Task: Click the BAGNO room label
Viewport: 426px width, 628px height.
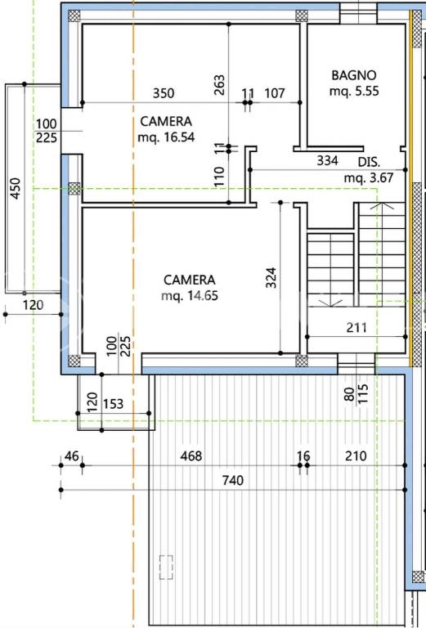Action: coord(354,75)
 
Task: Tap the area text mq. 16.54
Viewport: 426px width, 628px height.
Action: coord(166,137)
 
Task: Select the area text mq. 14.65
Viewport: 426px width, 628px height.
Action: coord(190,296)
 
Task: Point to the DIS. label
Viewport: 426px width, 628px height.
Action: coord(369,162)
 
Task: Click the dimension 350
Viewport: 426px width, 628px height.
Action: coord(164,93)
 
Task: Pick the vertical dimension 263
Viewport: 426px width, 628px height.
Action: coord(219,85)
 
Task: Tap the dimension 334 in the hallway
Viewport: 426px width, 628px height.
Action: coord(328,160)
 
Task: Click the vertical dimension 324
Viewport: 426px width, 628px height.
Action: coord(271,277)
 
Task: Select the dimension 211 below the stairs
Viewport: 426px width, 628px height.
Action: coord(356,328)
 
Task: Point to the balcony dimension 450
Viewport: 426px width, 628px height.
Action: coord(16,188)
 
